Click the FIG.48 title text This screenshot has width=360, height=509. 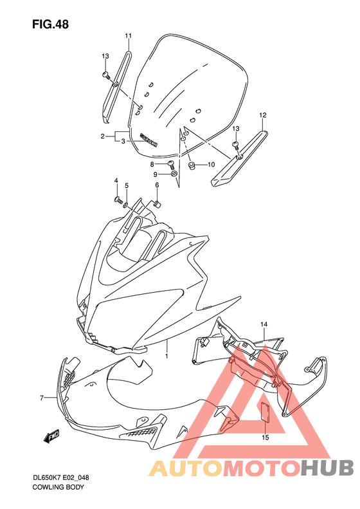point(50,24)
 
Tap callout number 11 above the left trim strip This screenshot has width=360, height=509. point(128,35)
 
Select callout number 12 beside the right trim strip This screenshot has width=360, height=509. point(262,116)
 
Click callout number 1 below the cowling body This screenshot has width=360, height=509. point(166,355)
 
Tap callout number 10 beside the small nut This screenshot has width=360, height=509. point(210,165)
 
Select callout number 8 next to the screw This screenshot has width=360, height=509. point(152,165)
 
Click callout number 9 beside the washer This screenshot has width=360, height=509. point(155,174)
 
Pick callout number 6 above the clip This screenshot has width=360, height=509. point(156,186)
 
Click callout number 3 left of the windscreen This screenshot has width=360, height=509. point(123,140)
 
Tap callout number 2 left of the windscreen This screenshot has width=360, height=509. point(102,136)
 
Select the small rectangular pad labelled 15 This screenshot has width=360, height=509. point(264,412)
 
